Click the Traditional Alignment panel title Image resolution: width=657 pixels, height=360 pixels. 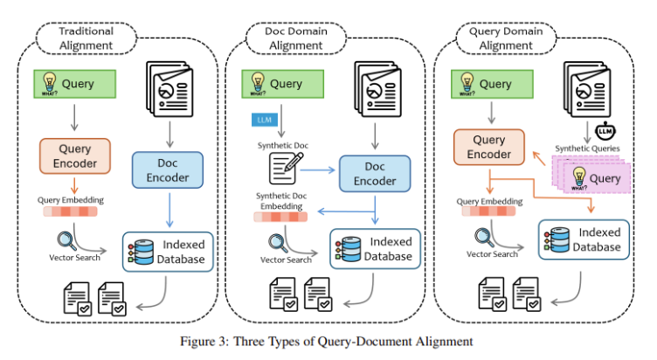coord(86,38)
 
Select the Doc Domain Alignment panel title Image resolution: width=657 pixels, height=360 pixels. coord(295,38)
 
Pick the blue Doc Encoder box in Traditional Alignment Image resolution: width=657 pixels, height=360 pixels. coord(166,169)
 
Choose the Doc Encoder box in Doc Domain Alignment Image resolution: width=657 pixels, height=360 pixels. coord(374,175)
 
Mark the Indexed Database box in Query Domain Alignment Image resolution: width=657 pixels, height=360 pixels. coord(584,239)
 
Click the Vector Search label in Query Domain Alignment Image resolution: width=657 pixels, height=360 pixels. coord(492,253)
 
